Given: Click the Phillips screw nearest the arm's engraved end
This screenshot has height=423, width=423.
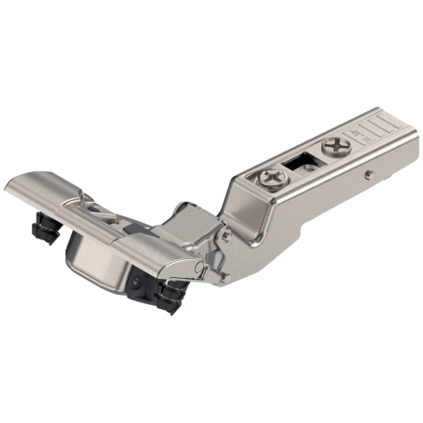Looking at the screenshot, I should [334, 146].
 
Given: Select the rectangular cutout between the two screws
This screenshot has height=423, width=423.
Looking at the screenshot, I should [301, 164].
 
